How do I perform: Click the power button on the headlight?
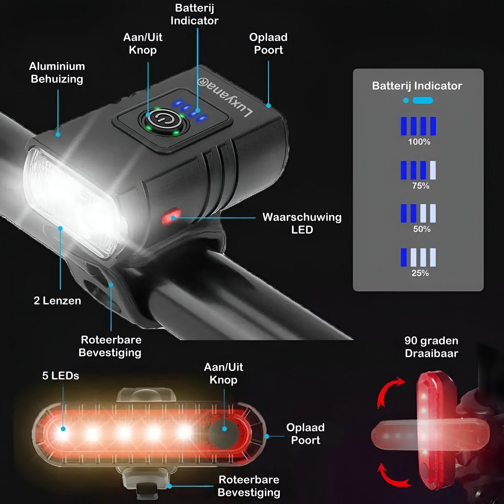coord(163,120)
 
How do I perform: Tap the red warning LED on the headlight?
coord(171,216)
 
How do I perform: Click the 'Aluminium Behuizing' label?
coord(57,72)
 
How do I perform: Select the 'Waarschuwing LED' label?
coord(302,223)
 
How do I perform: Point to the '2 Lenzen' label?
coord(57,301)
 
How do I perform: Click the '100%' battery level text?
coord(419,142)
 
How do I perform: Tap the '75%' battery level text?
coord(420,186)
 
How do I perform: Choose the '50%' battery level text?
coord(422,229)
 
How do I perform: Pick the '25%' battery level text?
coord(420,273)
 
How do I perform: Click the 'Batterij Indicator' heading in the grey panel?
coord(417,86)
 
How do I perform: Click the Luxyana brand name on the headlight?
coord(225,97)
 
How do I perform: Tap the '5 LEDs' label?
coord(60,375)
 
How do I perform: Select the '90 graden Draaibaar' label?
coord(432,347)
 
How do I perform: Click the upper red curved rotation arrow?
coord(387,388)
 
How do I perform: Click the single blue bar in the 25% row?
coord(404,257)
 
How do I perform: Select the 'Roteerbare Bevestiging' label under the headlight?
coord(110,346)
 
